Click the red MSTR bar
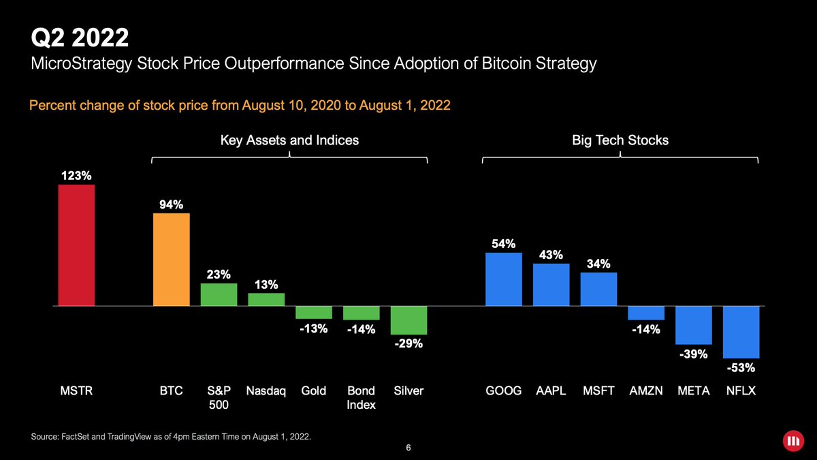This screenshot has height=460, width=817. pos(76,245)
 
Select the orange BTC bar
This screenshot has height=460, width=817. pos(172,260)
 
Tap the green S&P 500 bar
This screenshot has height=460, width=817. pos(219,294)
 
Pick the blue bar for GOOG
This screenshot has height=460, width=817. pos(503,279)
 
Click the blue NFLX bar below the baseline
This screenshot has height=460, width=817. pos(741,333)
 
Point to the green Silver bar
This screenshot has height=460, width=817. pos(408,320)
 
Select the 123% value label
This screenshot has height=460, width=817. pos(76,175)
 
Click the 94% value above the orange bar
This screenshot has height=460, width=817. pos(172,204)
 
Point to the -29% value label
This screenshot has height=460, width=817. pos(408,344)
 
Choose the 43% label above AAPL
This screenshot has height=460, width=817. pos(551,254)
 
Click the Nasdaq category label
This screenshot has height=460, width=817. pos(266,391)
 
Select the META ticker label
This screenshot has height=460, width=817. pos(694,391)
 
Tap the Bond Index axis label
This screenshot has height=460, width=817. pos(362,398)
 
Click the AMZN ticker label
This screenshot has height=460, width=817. pos(646,391)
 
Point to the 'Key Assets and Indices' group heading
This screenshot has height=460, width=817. pos(289,140)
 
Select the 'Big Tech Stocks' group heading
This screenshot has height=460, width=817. pos(620,140)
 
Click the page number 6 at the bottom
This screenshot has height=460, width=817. pos(408,448)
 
